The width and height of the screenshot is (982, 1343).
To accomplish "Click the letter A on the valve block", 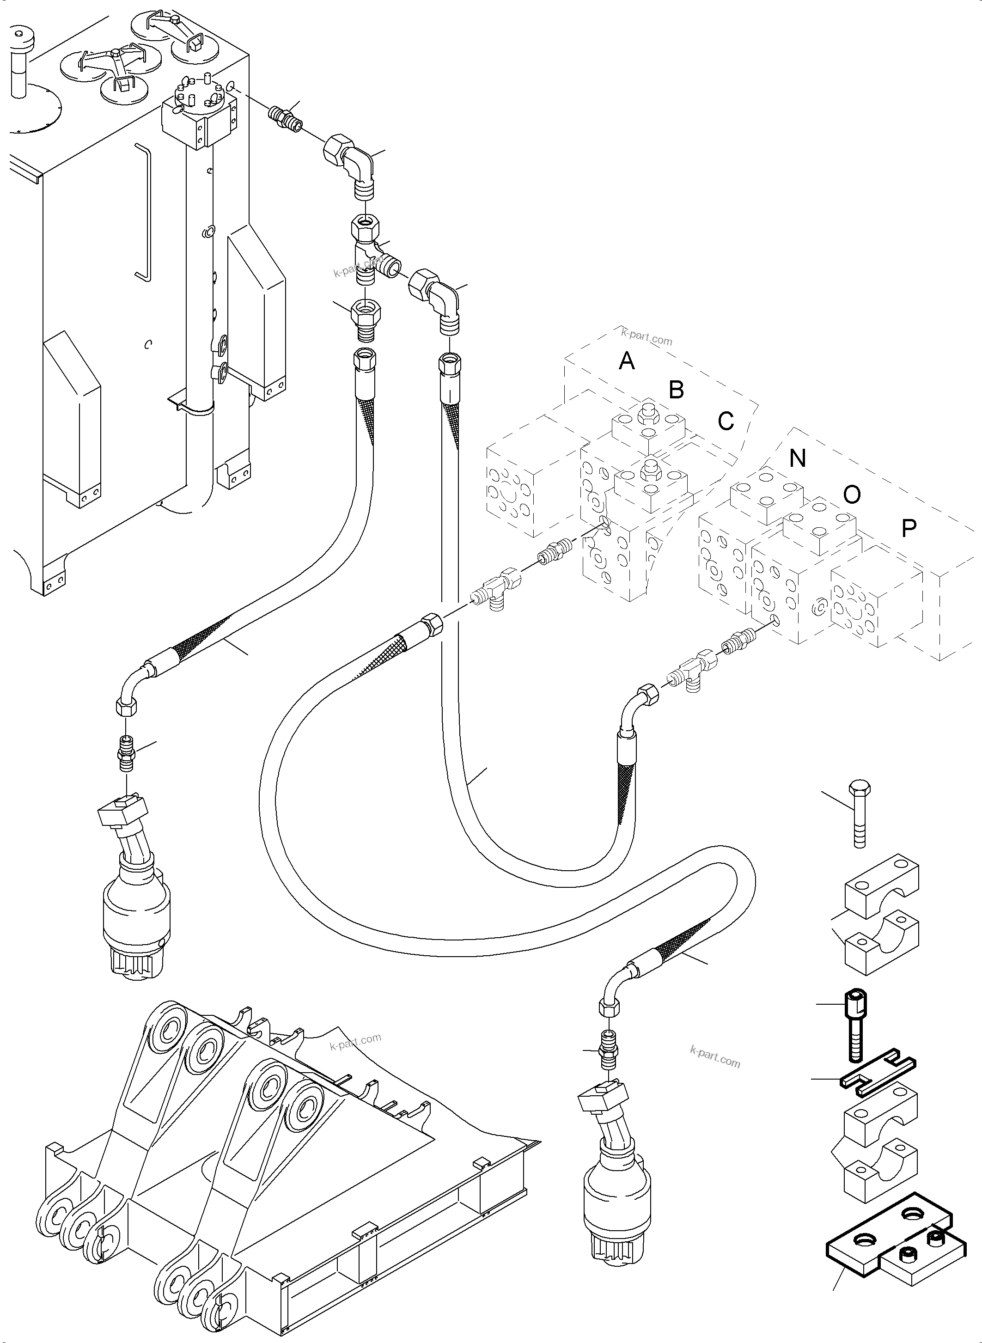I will click(x=627, y=361).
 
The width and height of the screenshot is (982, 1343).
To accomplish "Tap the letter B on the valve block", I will click(x=676, y=390).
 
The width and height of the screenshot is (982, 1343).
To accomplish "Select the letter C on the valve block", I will click(x=726, y=421).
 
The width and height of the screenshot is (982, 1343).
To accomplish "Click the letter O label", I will click(x=852, y=494).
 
